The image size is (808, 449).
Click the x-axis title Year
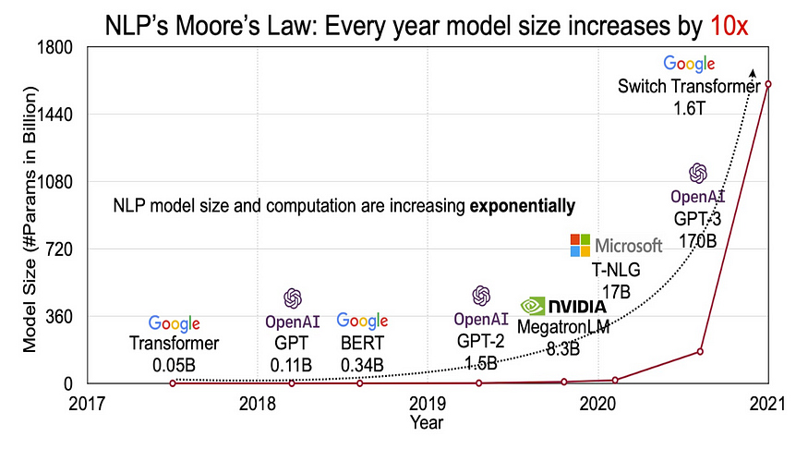click(428, 423)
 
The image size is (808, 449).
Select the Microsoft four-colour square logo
click(580, 246)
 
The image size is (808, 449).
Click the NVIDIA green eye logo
click(533, 306)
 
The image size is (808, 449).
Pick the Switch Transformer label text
click(689, 86)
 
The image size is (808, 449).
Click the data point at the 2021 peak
click(768, 84)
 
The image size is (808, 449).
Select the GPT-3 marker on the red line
click(700, 351)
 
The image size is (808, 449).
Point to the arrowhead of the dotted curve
click(753, 72)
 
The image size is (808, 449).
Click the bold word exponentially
click(523, 205)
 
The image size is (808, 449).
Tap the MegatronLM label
click(562, 327)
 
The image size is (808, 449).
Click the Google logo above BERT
click(362, 321)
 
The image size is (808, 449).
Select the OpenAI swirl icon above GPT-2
click(481, 296)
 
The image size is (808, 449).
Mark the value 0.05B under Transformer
click(174, 364)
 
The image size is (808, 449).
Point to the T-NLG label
click(616, 271)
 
